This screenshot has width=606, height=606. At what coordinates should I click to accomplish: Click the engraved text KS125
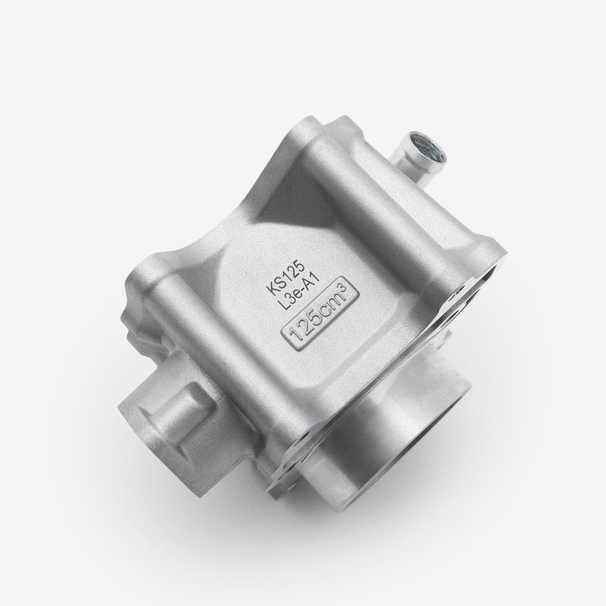(x=287, y=277)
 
